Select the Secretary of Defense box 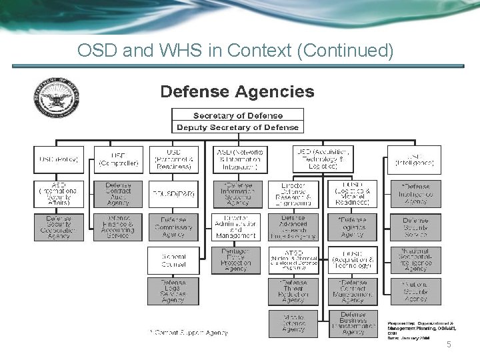[238, 115]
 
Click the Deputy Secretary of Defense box [238, 127]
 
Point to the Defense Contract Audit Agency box [118, 193]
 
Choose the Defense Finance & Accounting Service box [118, 227]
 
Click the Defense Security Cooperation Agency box [59, 227]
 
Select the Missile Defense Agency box [293, 323]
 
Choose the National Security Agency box [415, 291]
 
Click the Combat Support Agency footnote [189, 331]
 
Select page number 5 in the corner [449, 344]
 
